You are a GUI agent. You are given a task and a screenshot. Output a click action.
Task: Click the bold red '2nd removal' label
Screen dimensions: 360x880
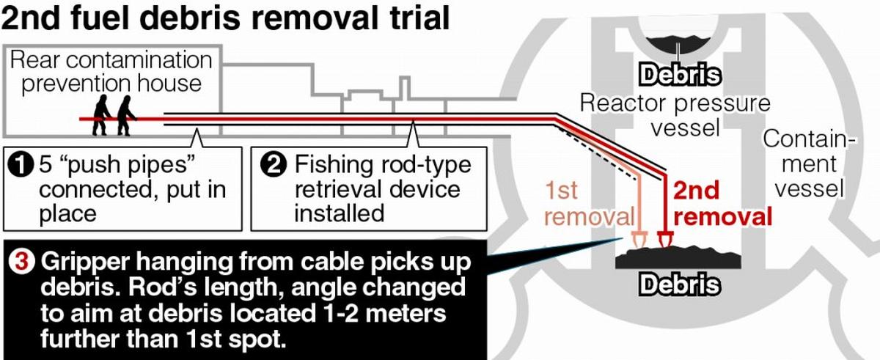(x=722, y=204)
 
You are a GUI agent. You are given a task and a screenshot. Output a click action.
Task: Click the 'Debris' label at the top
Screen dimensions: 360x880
(x=679, y=75)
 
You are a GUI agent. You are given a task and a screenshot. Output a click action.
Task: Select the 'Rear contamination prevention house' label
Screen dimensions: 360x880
(x=110, y=71)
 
